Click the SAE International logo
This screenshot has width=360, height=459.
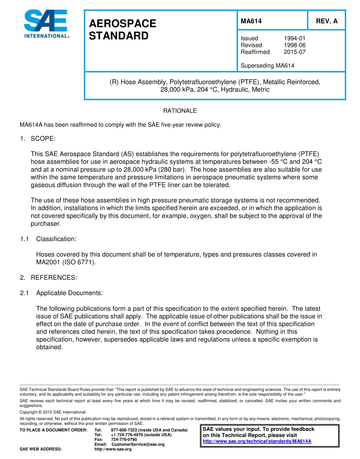46,24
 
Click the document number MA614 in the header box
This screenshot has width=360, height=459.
251,21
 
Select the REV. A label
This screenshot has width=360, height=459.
327,21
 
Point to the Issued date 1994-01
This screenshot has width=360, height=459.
294,38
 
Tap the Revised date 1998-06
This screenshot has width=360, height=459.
294,45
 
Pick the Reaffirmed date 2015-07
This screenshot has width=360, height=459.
294,52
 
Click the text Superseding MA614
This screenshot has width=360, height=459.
267,66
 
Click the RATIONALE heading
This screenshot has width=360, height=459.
180,111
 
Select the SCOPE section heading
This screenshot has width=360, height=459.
43,139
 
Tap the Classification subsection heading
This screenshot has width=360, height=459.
56,239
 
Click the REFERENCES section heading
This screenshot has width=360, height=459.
54,278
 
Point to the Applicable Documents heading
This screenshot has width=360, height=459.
69,293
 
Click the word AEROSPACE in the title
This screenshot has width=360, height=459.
122,23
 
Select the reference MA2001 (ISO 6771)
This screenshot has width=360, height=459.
66,262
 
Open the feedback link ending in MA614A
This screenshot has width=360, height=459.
257,441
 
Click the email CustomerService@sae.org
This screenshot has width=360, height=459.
138,444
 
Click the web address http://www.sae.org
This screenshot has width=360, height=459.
113,449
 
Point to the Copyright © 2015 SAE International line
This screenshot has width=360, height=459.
53,412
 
